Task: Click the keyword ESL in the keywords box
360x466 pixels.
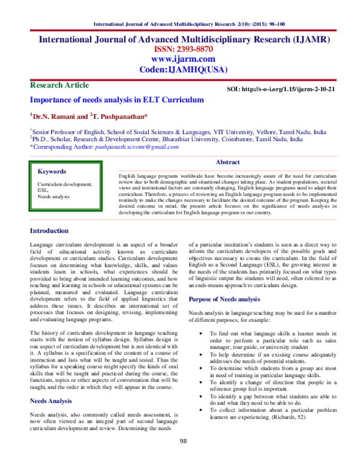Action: pos(43,190)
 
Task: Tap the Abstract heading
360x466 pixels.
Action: pos(227,162)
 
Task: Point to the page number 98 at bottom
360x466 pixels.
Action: pos(184,458)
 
